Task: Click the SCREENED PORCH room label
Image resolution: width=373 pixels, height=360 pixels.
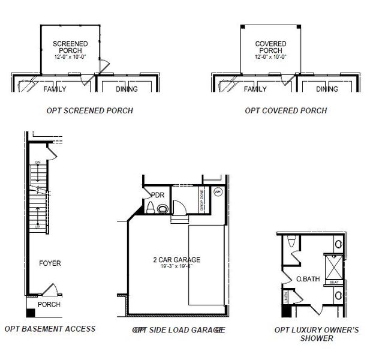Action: tap(70, 47)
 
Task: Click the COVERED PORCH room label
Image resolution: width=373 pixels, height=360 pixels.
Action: tap(270, 47)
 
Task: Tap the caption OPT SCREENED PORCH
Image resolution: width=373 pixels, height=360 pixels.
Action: tap(89, 110)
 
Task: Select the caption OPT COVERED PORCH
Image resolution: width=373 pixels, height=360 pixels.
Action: tap(285, 110)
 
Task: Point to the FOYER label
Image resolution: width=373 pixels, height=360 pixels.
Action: tap(50, 263)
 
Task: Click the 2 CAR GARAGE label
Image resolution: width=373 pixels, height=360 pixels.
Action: tap(176, 260)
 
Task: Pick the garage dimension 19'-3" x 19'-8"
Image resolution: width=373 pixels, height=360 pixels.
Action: tap(176, 266)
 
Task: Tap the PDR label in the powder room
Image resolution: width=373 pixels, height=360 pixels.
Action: tap(158, 195)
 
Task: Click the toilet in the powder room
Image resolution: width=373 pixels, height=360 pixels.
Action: tap(149, 208)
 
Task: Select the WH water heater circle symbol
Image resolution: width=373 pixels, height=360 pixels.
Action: tap(218, 192)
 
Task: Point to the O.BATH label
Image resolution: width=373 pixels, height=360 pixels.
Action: tap(308, 279)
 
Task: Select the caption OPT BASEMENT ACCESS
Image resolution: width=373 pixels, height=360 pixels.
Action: tap(50, 329)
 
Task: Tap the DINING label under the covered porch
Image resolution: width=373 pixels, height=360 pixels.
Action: tap(327, 89)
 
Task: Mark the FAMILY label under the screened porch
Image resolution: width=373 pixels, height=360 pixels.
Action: tap(55, 89)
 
